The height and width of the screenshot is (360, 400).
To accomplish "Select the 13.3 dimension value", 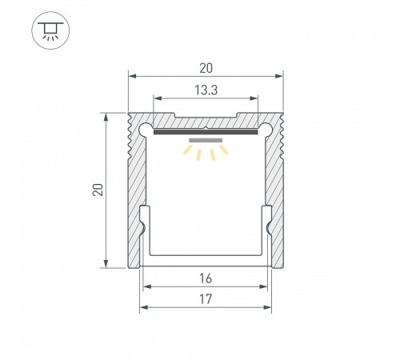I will (206, 90).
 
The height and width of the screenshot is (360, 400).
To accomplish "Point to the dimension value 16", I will (206, 278).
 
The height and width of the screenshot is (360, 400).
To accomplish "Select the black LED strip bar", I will (206, 133).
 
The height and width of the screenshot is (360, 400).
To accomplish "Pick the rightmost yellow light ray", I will (225, 149).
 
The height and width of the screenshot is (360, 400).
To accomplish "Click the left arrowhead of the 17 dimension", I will (144, 306).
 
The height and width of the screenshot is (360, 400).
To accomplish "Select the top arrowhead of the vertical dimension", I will (107, 116).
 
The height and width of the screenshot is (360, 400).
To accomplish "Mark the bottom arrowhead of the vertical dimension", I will (107, 263).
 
